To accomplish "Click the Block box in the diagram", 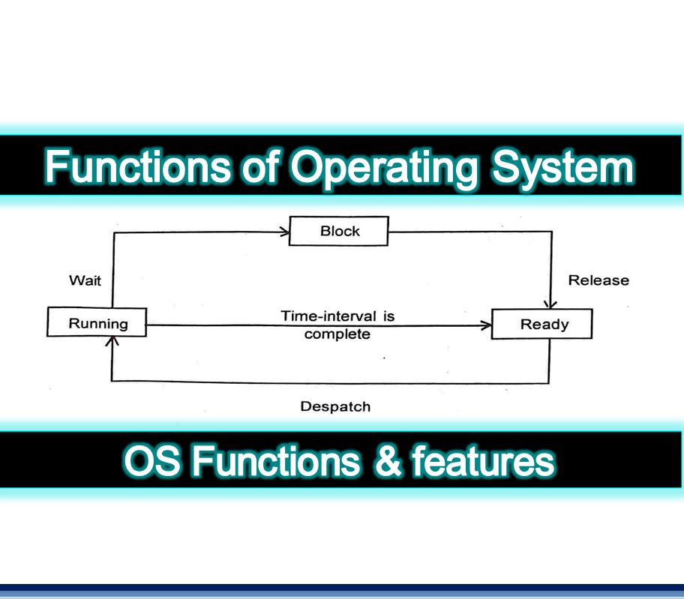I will [x=339, y=232].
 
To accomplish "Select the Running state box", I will [x=97, y=324].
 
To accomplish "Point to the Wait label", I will [x=85, y=281].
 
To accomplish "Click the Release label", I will [x=598, y=280].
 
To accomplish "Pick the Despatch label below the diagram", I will [x=335, y=407].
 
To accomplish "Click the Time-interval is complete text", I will [x=337, y=325].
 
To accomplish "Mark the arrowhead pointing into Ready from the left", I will [x=486, y=325].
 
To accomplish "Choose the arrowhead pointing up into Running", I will [x=112, y=342].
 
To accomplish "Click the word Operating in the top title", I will [x=382, y=168].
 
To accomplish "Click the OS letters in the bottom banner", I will [x=152, y=462].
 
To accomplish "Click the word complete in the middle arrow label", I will [x=337, y=334].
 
